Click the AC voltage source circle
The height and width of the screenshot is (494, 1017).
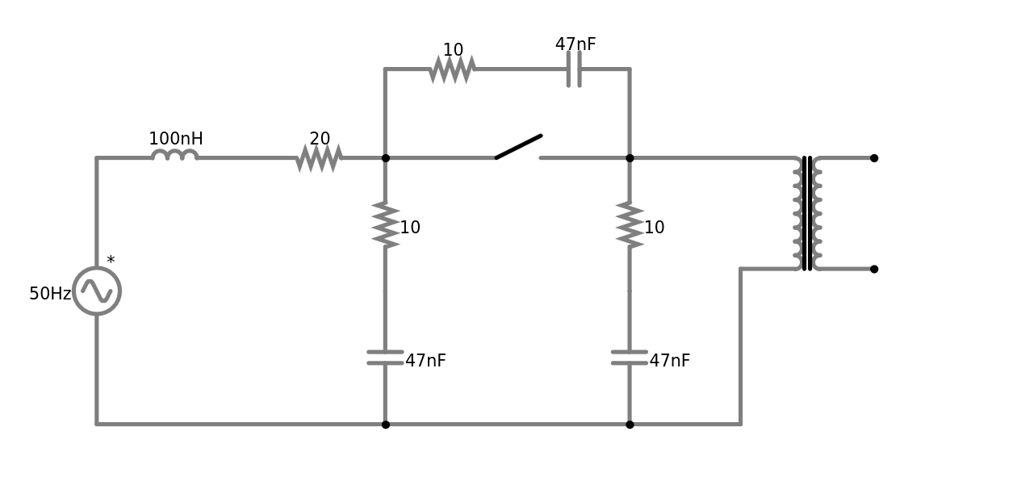pyautogui.click(x=97, y=291)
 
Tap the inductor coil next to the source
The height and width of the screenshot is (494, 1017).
pyautogui.click(x=174, y=156)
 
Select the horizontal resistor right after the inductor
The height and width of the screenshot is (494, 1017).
pyautogui.click(x=319, y=158)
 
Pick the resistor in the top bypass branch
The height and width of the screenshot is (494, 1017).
pyautogui.click(x=451, y=69)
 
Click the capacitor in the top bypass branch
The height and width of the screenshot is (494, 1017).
pyautogui.click(x=574, y=69)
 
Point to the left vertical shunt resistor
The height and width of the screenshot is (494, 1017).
pyautogui.click(x=386, y=225)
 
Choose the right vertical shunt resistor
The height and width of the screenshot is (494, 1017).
pyautogui.click(x=630, y=225)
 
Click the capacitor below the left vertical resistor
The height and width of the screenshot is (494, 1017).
pyautogui.click(x=386, y=358)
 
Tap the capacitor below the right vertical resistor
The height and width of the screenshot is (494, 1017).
pyautogui.click(x=630, y=358)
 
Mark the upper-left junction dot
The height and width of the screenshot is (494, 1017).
pyautogui.click(x=386, y=158)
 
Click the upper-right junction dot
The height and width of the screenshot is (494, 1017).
pyautogui.click(x=630, y=158)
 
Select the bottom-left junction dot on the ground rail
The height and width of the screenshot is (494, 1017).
pyautogui.click(x=386, y=423)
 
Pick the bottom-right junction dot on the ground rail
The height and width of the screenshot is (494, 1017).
pyautogui.click(x=630, y=423)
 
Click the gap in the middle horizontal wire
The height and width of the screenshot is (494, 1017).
pyautogui.click(x=517, y=158)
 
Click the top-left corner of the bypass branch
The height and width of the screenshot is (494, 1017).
pyautogui.click(x=386, y=69)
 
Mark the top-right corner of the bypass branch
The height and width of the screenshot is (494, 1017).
pyautogui.click(x=630, y=69)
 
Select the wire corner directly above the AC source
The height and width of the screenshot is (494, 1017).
pyautogui.click(x=97, y=158)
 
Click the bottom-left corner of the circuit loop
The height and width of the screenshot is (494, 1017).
pyautogui.click(x=97, y=423)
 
